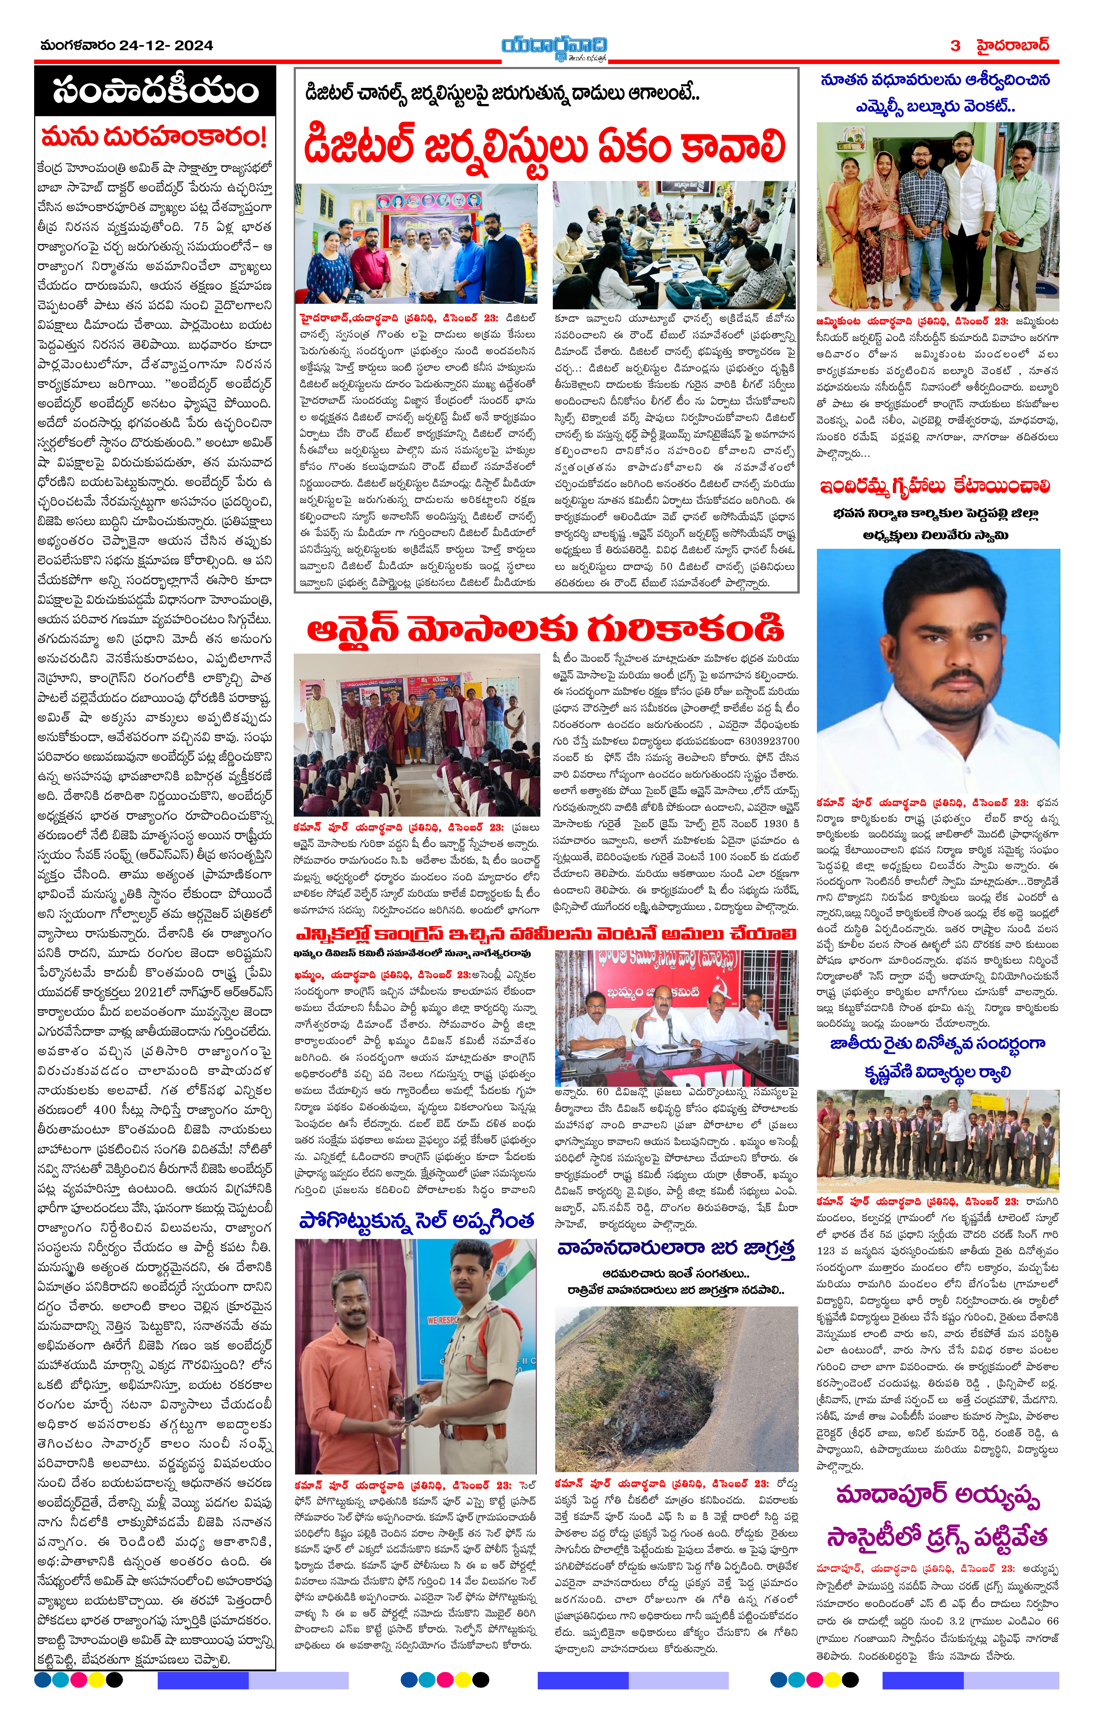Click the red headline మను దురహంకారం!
click(x=154, y=136)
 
